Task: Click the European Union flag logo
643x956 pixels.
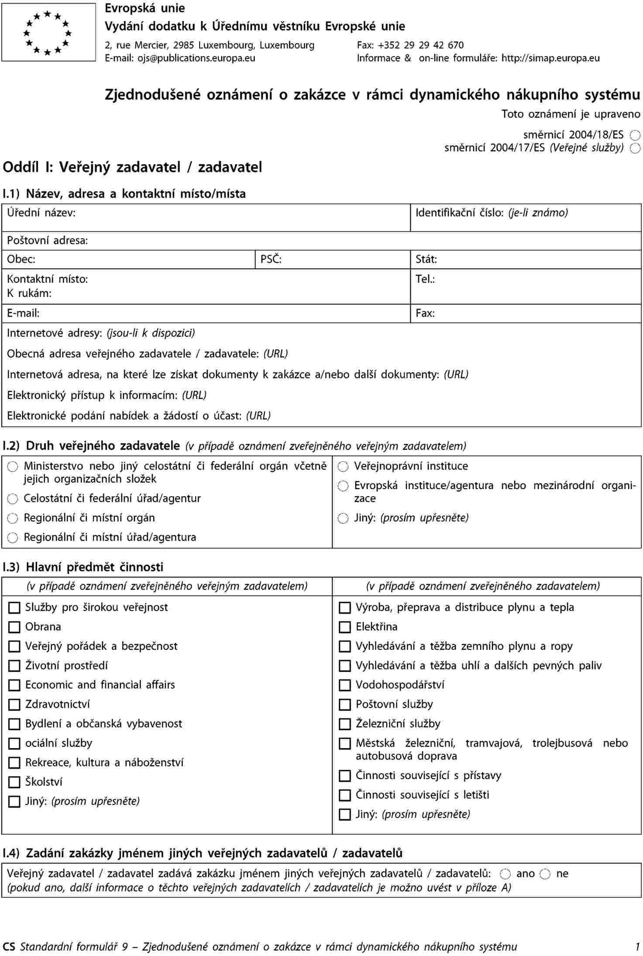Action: pyautogui.click(x=48, y=32)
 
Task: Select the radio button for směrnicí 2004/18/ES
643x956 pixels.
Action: pyautogui.click(x=635, y=135)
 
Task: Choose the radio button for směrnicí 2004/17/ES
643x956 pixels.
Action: pyautogui.click(x=635, y=148)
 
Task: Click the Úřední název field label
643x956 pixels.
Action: pyautogui.click(x=41, y=213)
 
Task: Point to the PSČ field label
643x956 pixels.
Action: pyautogui.click(x=271, y=259)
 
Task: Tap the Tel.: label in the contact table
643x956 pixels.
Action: pyautogui.click(x=425, y=279)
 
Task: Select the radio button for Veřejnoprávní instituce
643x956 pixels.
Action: pyautogui.click(x=343, y=467)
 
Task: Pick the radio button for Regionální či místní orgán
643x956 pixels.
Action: pyautogui.click(x=13, y=518)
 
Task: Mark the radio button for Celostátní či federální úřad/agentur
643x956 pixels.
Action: pyautogui.click(x=13, y=499)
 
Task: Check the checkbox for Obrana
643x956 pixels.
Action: pyautogui.click(x=14, y=627)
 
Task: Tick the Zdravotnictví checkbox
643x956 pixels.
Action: pyautogui.click(x=14, y=704)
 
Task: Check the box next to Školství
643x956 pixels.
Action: pyautogui.click(x=14, y=782)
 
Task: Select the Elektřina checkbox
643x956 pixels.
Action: pyautogui.click(x=345, y=627)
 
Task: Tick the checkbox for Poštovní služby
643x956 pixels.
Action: pyautogui.click(x=345, y=704)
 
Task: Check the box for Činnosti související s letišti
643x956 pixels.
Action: pyautogui.click(x=345, y=795)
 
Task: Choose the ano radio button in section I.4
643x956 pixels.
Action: pyautogui.click(x=505, y=874)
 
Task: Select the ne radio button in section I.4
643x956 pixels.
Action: pyautogui.click(x=545, y=874)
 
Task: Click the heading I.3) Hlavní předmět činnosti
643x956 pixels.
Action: pyautogui.click(x=83, y=567)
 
